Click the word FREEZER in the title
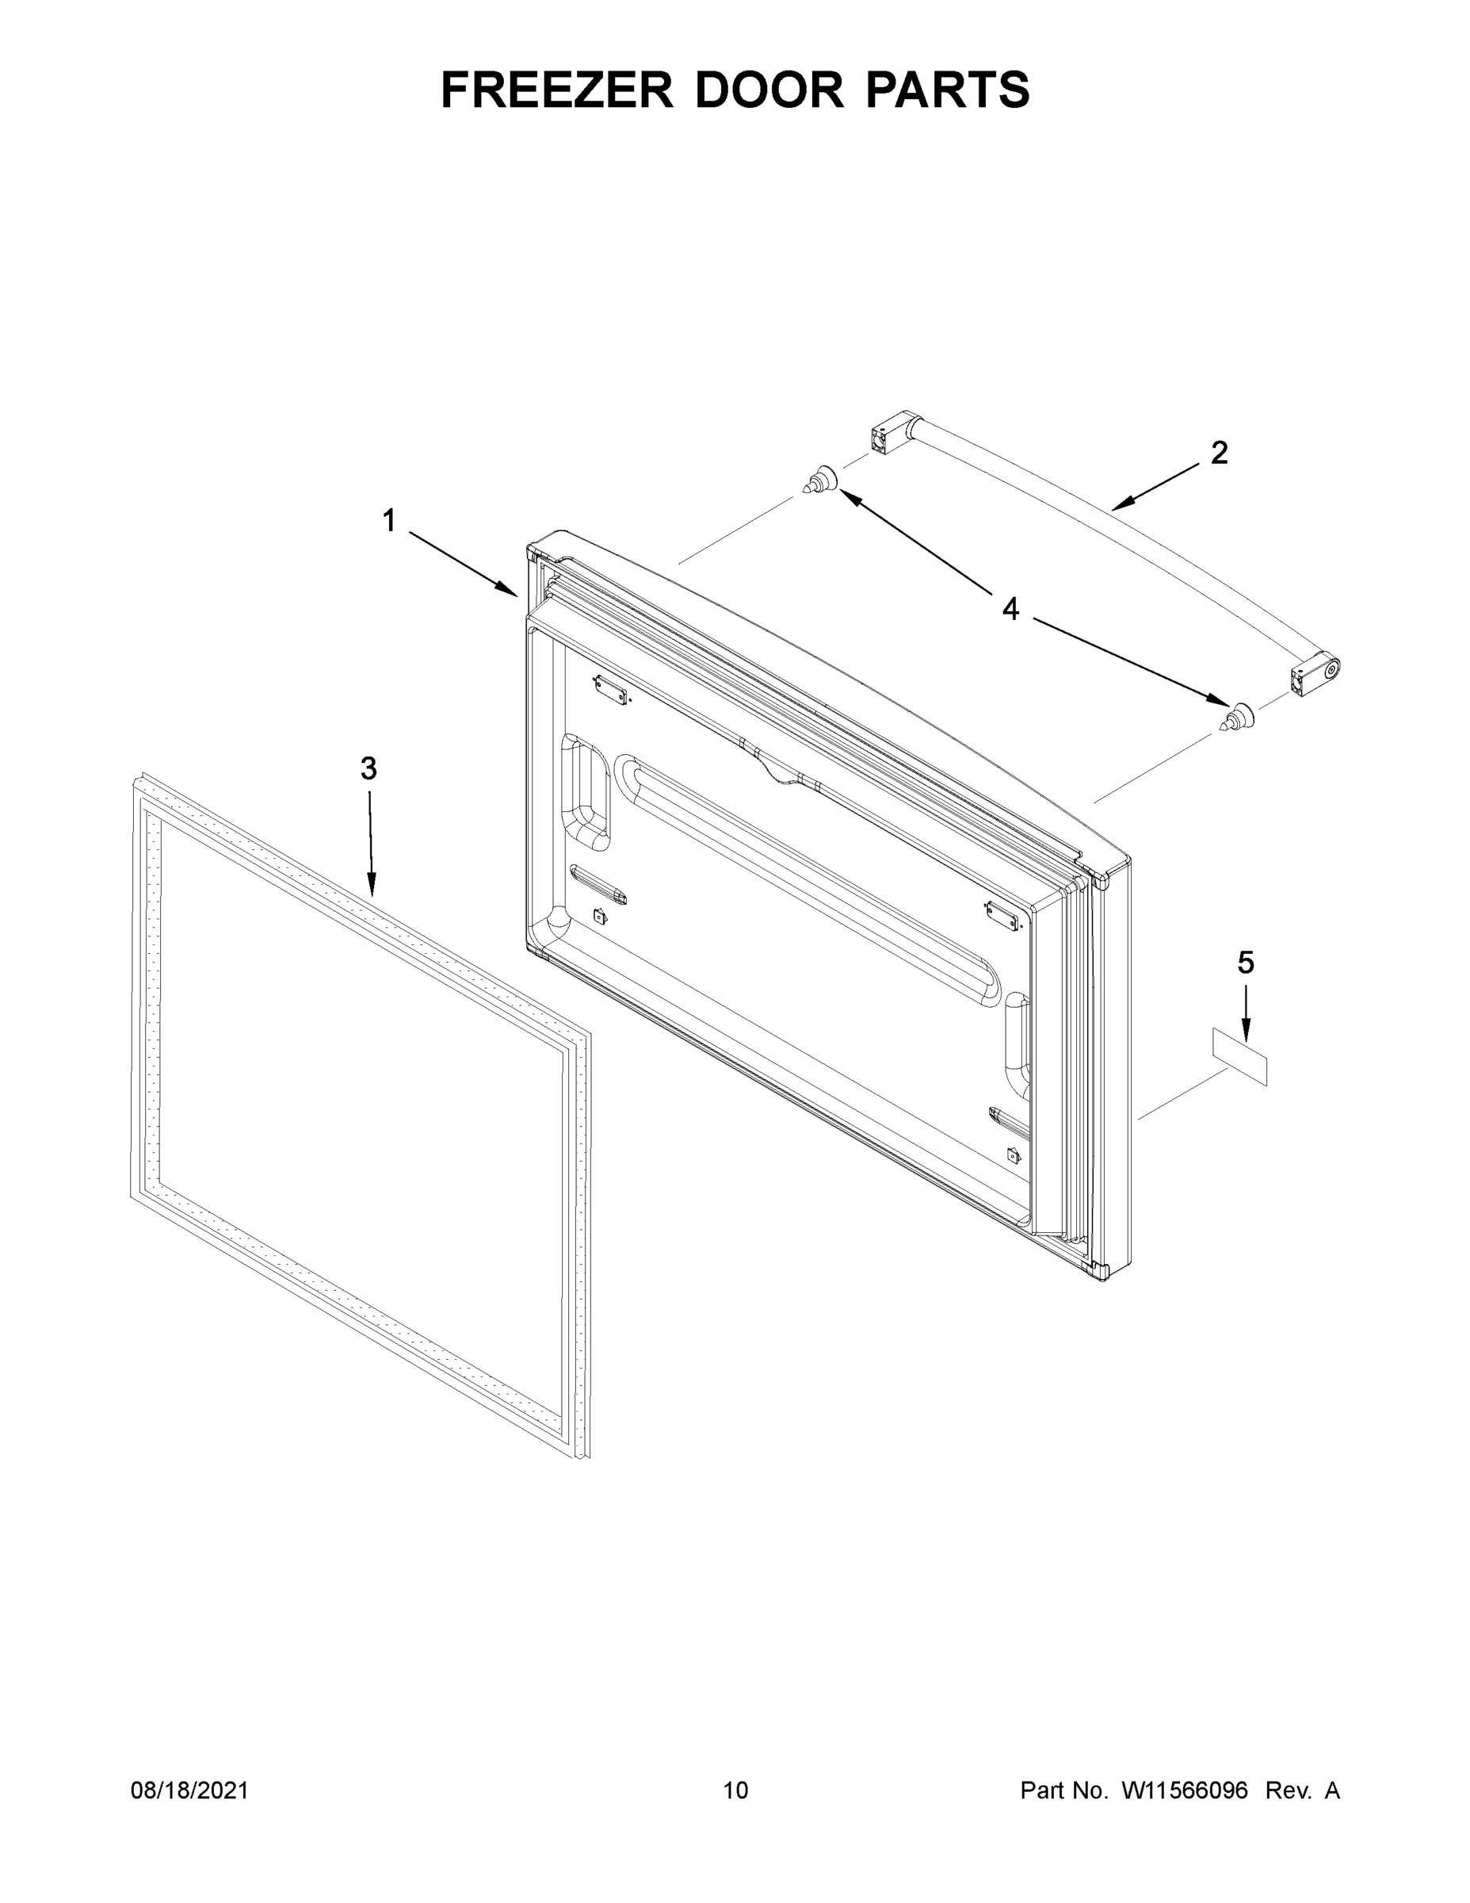pyautogui.click(x=556, y=90)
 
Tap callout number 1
pyautogui.click(x=388, y=521)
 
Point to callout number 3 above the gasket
pyautogui.click(x=368, y=768)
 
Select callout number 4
pyautogui.click(x=1010, y=608)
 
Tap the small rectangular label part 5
pyautogui.click(x=1240, y=1055)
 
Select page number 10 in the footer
pyautogui.click(x=735, y=1790)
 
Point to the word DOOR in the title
pyautogui.click(x=768, y=90)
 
